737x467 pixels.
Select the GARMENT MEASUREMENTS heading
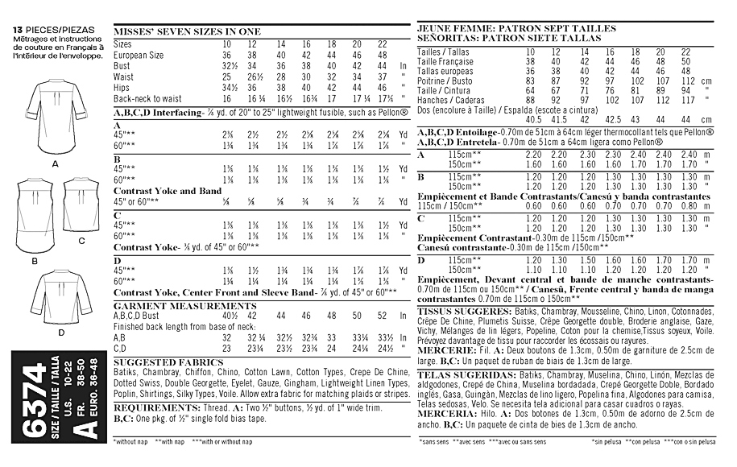(x=164, y=307)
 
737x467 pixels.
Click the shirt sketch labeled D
(x=60, y=294)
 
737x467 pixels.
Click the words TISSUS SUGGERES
(x=453, y=310)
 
